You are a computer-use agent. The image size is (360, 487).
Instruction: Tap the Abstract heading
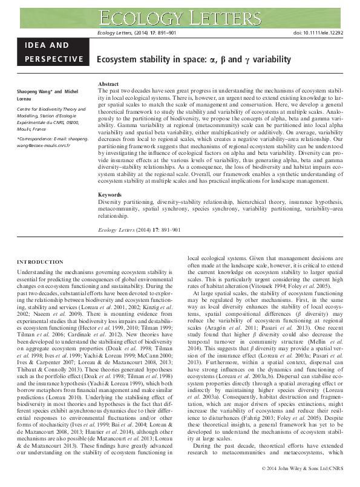pos(108,83)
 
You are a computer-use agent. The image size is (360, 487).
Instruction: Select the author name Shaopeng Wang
pos(34,90)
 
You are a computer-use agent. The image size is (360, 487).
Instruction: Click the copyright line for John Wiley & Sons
pos(304,469)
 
